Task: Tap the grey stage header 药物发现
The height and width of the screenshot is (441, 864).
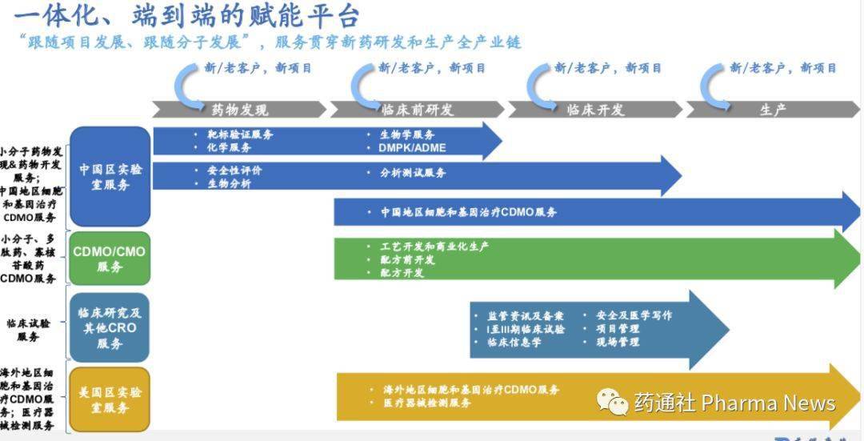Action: [x=239, y=110]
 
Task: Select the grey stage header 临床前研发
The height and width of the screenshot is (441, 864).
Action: [x=417, y=110]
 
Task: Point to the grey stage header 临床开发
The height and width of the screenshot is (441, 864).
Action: [x=595, y=110]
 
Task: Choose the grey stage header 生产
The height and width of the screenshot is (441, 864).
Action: [x=773, y=110]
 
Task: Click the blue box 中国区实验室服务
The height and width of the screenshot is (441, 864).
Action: [x=110, y=177]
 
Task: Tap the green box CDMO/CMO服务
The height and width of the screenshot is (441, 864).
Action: [x=110, y=259]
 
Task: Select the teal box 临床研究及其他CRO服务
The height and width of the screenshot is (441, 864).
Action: [x=110, y=327]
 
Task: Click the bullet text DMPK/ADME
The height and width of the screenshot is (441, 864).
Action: [x=412, y=148]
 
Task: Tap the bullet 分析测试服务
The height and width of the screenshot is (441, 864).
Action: [x=413, y=172]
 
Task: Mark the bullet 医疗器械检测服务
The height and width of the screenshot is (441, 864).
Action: [x=427, y=403]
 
